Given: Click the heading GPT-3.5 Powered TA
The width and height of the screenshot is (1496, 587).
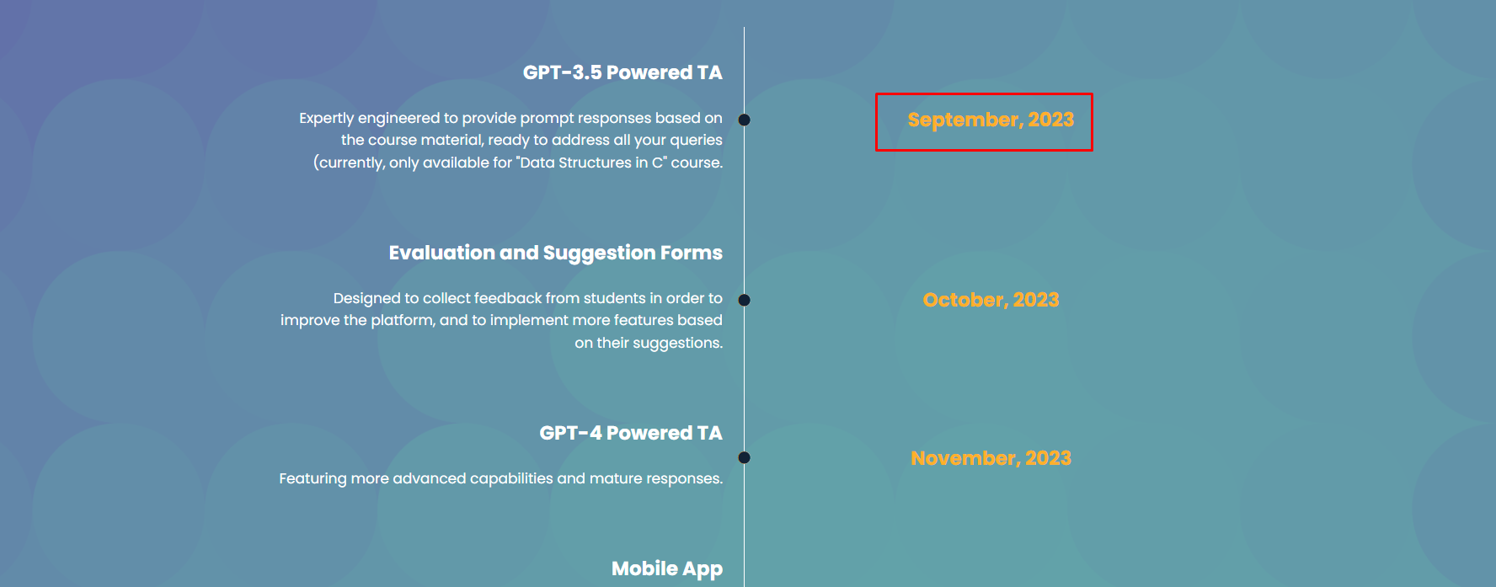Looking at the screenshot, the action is pos(622,72).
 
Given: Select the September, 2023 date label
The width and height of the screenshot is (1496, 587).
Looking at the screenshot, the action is pos(991,120).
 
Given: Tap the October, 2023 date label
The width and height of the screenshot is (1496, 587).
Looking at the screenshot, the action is pos(991,300).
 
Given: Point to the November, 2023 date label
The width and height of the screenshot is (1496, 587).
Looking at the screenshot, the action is pos(991,458).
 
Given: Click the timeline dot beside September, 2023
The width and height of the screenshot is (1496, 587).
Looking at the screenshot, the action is pos(744,120).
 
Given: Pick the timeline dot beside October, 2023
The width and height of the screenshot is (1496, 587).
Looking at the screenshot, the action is pos(744,300).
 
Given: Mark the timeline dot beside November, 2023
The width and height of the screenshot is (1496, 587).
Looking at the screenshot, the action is pos(744,458).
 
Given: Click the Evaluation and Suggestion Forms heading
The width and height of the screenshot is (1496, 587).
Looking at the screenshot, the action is pos(555,253).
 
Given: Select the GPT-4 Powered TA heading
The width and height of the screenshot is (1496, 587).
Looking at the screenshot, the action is pos(631,433).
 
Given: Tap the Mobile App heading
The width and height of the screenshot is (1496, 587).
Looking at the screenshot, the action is pos(667,569).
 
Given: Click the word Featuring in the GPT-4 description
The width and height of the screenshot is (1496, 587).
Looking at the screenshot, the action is pos(313,478).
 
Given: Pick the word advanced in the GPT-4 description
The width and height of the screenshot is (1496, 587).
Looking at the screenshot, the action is pos(430,478).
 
